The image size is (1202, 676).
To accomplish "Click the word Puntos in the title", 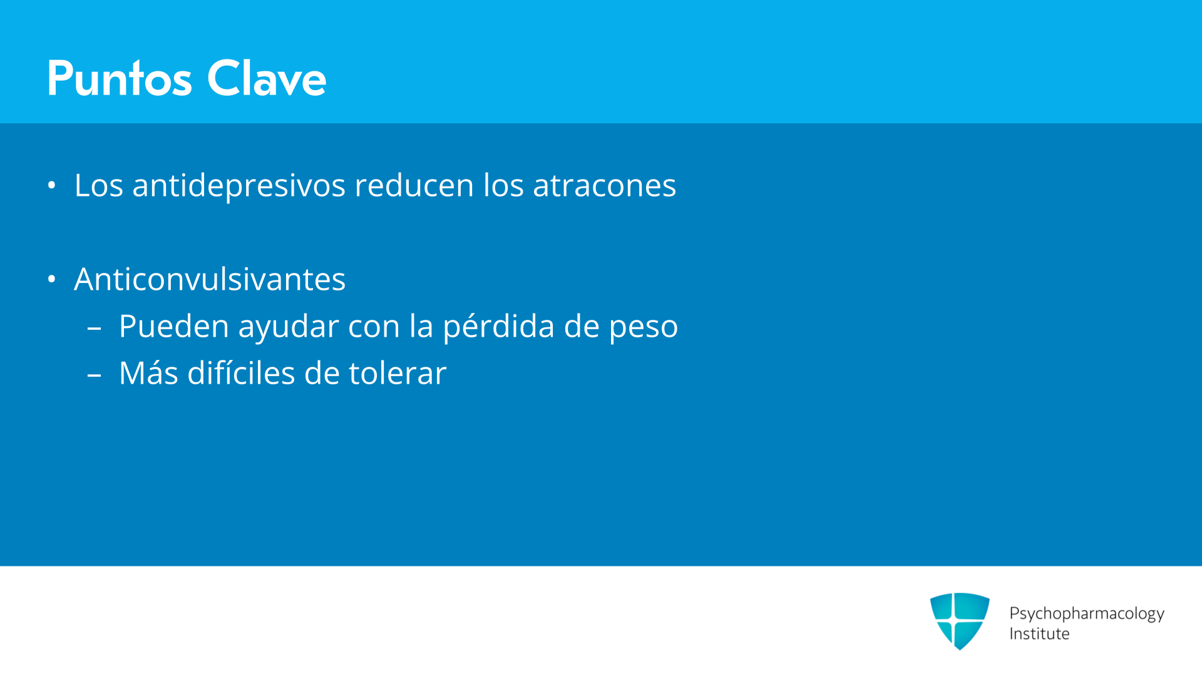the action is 120,78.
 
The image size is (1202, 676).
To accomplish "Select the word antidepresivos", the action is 239,185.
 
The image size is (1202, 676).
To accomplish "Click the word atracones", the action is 604,185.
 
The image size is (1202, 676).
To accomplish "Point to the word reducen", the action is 414,185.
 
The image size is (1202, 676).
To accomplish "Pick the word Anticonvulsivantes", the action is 210,279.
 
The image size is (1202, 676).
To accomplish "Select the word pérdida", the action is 498,327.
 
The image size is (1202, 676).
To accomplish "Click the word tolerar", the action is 398,373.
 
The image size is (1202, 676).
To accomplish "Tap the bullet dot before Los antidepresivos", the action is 52,185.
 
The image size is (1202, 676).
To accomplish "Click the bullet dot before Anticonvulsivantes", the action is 52,279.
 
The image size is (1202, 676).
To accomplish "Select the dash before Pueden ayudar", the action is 95,327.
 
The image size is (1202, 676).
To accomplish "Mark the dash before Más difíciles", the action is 95,375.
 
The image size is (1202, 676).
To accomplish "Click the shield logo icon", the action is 960,621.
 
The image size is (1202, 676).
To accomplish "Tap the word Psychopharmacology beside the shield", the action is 1087,614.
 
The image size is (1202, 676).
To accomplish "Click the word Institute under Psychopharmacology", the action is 1039,634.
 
